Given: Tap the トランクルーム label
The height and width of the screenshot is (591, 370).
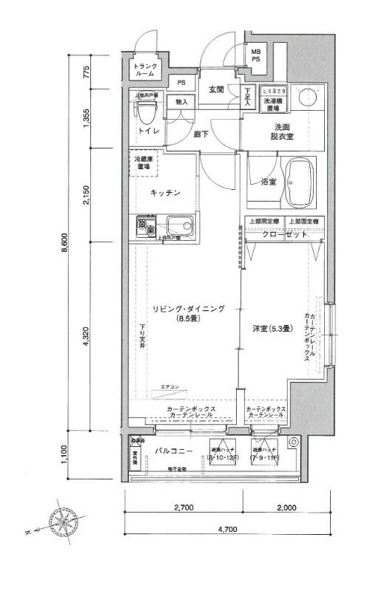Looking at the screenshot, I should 145,70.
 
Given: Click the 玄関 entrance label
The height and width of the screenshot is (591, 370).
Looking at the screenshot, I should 215,89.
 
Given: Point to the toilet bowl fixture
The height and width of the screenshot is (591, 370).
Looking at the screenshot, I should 146,113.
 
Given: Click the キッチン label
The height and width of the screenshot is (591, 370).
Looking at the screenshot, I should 165,193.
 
